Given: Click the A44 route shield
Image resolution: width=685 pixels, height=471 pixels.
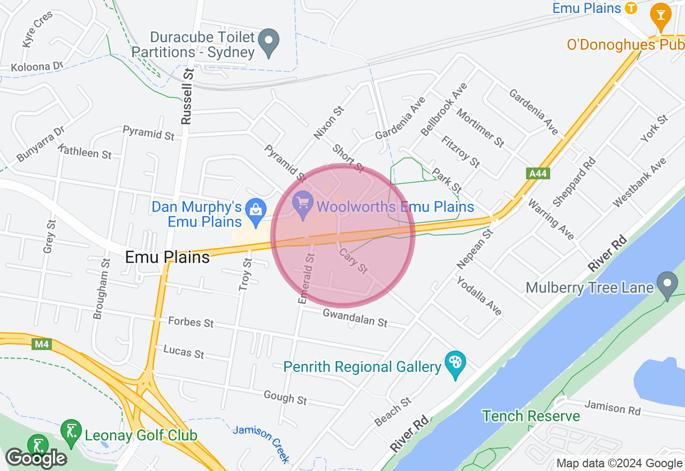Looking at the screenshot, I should pyautogui.click(x=538, y=173).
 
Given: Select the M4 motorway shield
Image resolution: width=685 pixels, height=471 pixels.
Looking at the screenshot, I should pyautogui.click(x=42, y=344).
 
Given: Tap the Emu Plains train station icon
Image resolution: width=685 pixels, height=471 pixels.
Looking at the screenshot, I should pyautogui.click(x=631, y=8).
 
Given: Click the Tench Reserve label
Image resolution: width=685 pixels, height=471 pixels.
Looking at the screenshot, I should pyautogui.click(x=531, y=416).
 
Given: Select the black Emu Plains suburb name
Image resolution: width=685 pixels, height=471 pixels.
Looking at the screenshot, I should pyautogui.click(x=167, y=257).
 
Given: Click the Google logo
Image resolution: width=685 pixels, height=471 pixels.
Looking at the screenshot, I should pyautogui.click(x=36, y=458).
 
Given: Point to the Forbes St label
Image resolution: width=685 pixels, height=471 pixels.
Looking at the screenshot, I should pyautogui.click(x=191, y=322).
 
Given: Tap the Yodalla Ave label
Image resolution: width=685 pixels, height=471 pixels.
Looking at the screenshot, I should pyautogui.click(x=479, y=296).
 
